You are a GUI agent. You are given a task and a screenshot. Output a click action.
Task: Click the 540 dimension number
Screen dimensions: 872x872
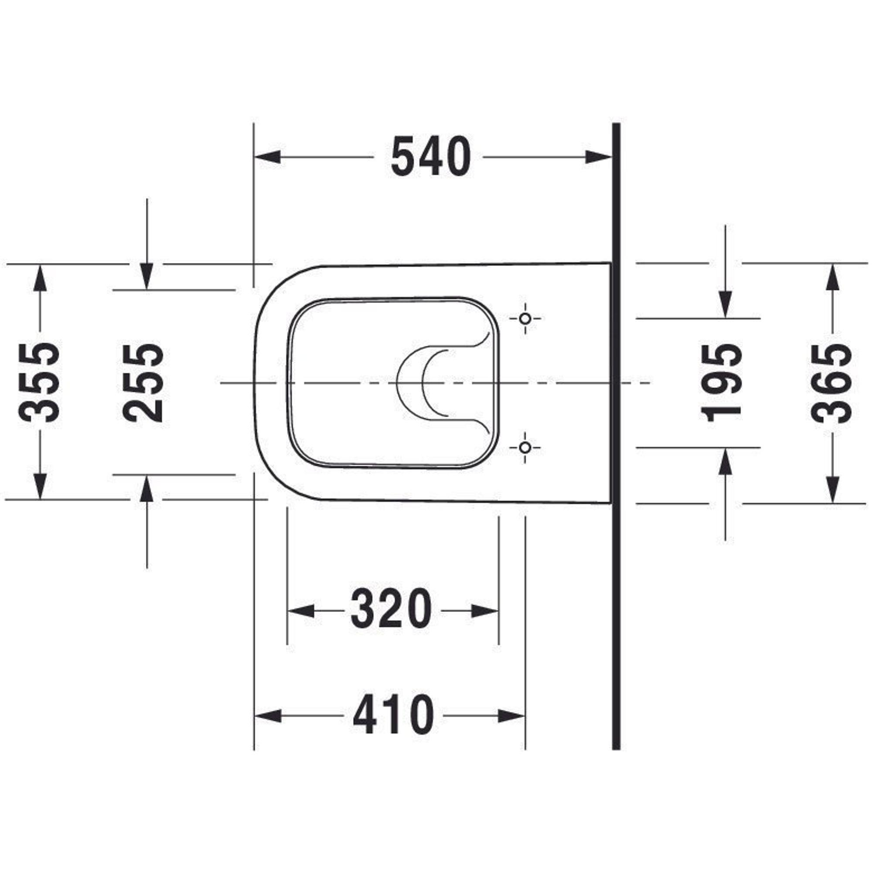coord(431,157)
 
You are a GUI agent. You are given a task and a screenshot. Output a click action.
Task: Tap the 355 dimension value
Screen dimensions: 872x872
coord(39,383)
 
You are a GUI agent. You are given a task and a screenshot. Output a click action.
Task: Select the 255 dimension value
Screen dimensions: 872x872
coord(143,383)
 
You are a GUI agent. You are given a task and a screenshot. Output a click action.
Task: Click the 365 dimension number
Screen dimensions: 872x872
coord(831,383)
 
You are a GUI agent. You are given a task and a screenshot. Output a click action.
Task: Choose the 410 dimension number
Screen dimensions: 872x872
coord(393,717)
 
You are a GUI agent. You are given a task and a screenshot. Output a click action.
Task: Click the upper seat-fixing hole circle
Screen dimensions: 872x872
coord(525,319)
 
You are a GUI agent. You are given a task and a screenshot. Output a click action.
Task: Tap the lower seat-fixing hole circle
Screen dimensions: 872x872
coord(525,448)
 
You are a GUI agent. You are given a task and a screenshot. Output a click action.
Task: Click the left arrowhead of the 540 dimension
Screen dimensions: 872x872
coord(268,157)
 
